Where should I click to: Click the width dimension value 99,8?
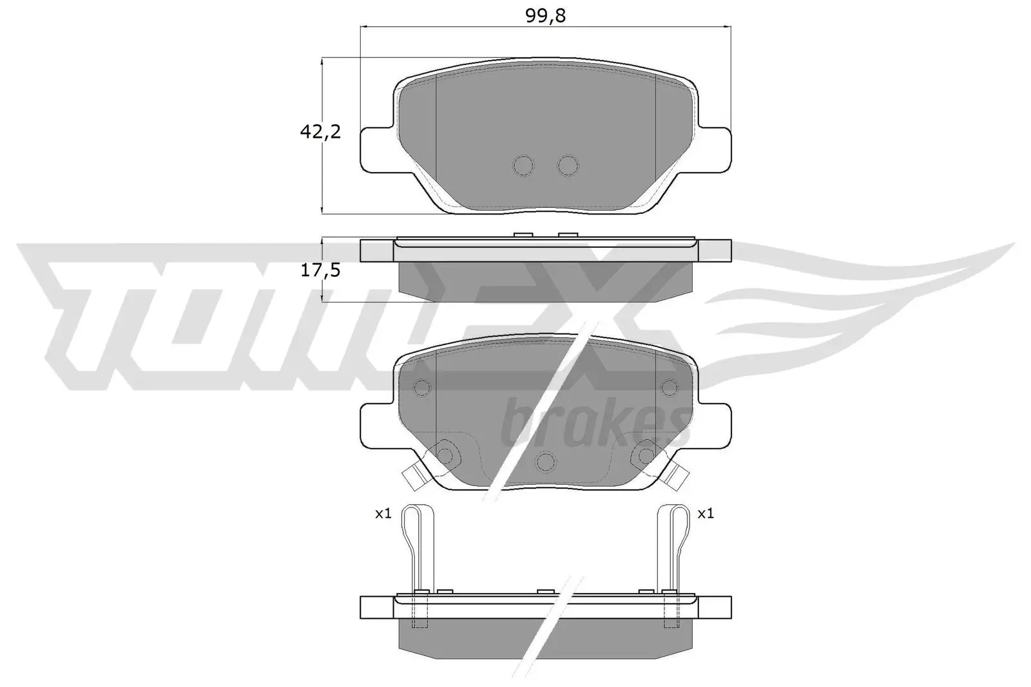(545, 16)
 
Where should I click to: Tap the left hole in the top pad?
(524, 165)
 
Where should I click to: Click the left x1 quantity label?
(383, 514)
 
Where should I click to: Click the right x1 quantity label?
(706, 514)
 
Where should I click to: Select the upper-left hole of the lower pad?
(422, 388)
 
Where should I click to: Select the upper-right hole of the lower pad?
(670, 388)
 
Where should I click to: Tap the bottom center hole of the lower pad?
(546, 462)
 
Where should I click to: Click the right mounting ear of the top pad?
(715, 149)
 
